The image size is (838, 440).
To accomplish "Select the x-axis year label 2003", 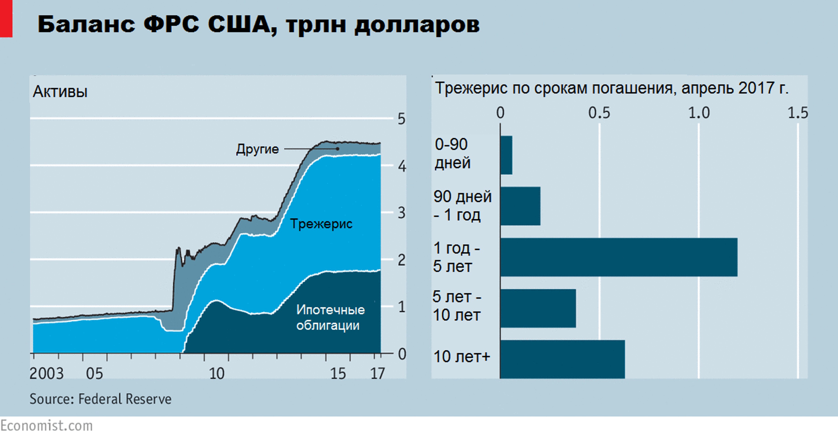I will click(x=46, y=374).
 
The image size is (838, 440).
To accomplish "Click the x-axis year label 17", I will click(x=377, y=374).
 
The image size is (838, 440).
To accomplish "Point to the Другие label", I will click(x=257, y=149).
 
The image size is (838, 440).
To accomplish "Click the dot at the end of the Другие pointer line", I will click(x=338, y=149).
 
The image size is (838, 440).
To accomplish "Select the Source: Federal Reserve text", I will click(x=100, y=399).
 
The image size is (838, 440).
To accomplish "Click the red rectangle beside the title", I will click(x=6, y=18).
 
